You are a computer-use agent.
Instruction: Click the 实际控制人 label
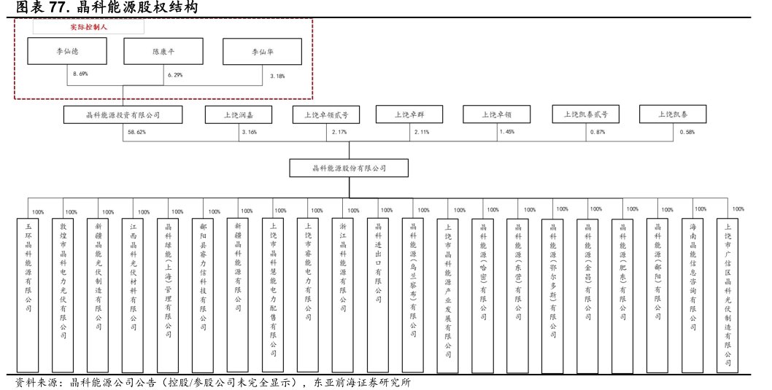pos(88,26)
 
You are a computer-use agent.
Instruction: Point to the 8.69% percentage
pos(80,74)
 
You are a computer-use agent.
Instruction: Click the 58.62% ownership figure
pos(136,132)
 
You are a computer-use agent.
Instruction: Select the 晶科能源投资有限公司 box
pos(123,114)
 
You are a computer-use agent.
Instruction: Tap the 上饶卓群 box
pos(410,114)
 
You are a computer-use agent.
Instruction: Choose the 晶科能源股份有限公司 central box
pos(348,168)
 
